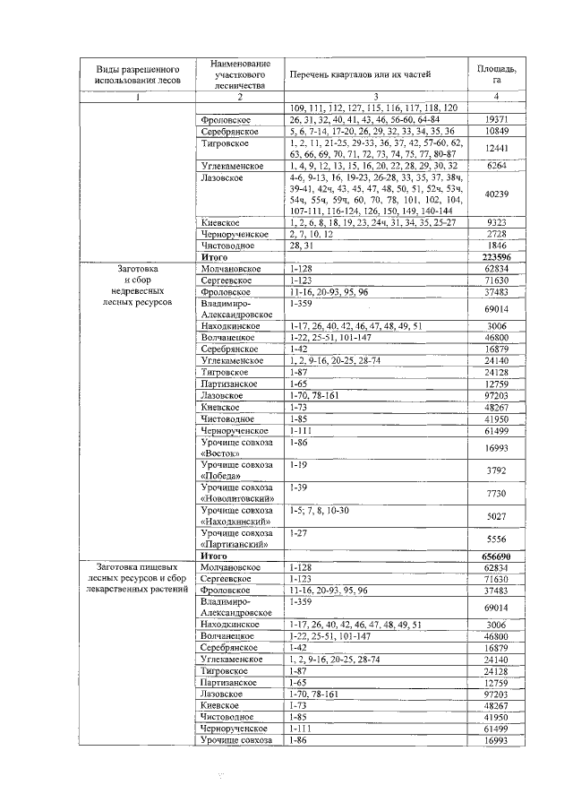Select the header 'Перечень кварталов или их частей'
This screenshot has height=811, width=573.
[x=360, y=74]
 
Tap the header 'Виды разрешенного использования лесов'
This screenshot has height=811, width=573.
[x=137, y=74]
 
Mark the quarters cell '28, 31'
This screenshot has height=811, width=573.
[x=300, y=245]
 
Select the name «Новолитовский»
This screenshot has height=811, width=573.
[x=236, y=499]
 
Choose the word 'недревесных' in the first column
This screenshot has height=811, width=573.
[x=137, y=291]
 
